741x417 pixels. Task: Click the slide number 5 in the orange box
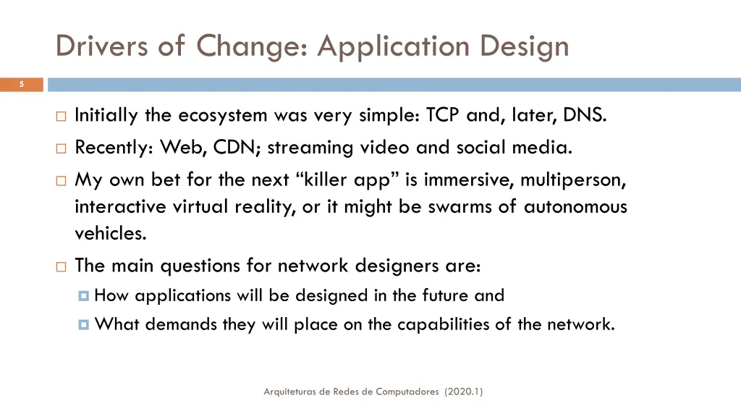21,85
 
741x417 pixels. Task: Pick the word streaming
313,148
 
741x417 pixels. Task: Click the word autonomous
575,207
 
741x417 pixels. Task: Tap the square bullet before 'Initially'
61,116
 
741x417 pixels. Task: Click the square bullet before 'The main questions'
61,266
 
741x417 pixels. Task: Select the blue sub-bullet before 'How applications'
84,295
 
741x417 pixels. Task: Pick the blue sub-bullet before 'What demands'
84,324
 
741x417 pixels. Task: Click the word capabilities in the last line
429,324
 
